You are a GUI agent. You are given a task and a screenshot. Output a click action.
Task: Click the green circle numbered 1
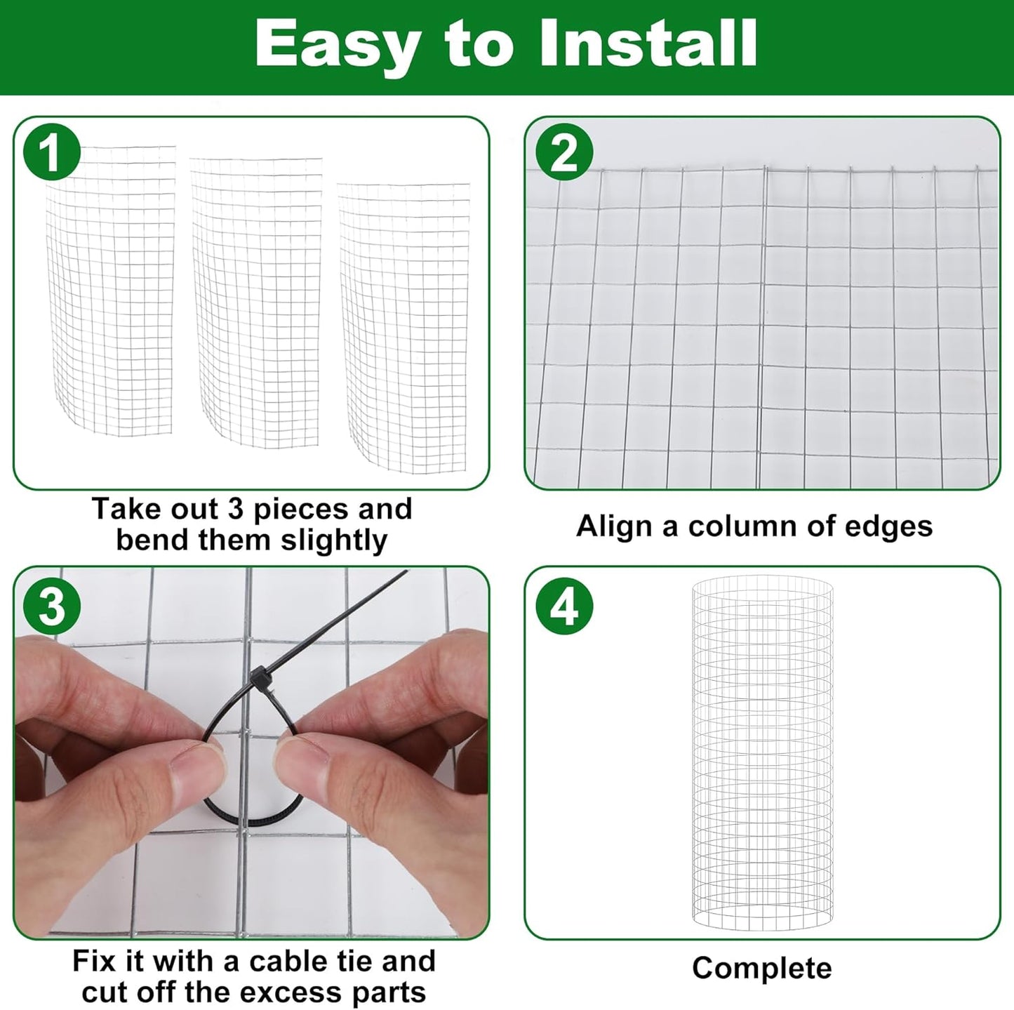pos(51,151)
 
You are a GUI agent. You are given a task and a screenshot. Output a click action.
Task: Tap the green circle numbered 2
pos(563,152)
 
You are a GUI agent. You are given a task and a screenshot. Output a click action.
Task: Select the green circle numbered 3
pos(51,604)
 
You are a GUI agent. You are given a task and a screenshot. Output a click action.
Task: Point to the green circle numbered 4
pos(564,605)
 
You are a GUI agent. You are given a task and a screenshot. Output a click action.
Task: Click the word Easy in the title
pos(335,44)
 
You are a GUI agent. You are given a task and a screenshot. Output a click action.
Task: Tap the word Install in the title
pos(648,44)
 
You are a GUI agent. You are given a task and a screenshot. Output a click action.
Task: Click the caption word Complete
pos(761,968)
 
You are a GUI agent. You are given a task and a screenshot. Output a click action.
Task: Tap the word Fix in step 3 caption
pos(95,961)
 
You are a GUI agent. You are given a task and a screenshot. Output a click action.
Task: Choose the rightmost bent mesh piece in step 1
pos(405,326)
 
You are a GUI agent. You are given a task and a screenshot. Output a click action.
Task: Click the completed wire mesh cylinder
pos(762,755)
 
